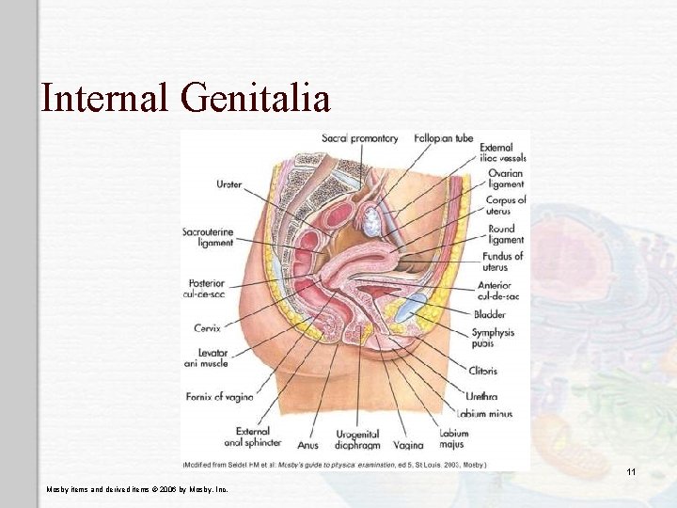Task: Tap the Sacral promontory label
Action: pos(360,138)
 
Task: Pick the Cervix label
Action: pos(207,328)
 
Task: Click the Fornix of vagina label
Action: pos(218,397)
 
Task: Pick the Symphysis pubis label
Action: pos(493,339)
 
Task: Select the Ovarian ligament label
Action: pos(506,179)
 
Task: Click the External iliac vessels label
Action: pos(503,152)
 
